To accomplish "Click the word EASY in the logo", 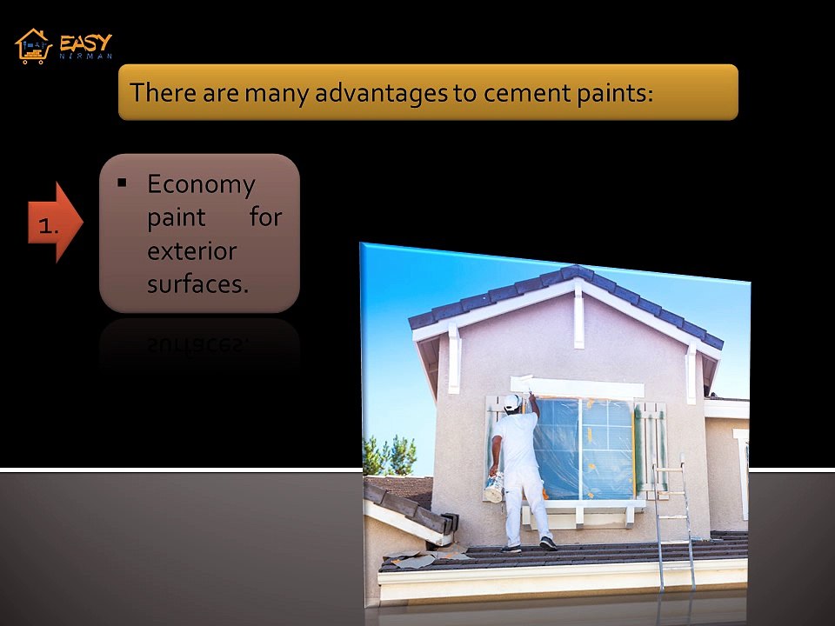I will tap(86, 41).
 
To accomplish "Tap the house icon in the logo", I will tap(34, 46).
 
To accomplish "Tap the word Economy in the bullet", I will tap(201, 183).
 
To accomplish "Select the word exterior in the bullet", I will tap(191, 250).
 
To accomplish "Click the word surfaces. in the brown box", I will tap(197, 283).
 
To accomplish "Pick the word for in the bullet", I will tap(266, 216).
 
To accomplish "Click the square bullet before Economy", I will tap(122, 183).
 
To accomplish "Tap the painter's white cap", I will tap(512, 402).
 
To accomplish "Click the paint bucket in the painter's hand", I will tap(493, 489).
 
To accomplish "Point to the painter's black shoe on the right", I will tap(548, 543).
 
